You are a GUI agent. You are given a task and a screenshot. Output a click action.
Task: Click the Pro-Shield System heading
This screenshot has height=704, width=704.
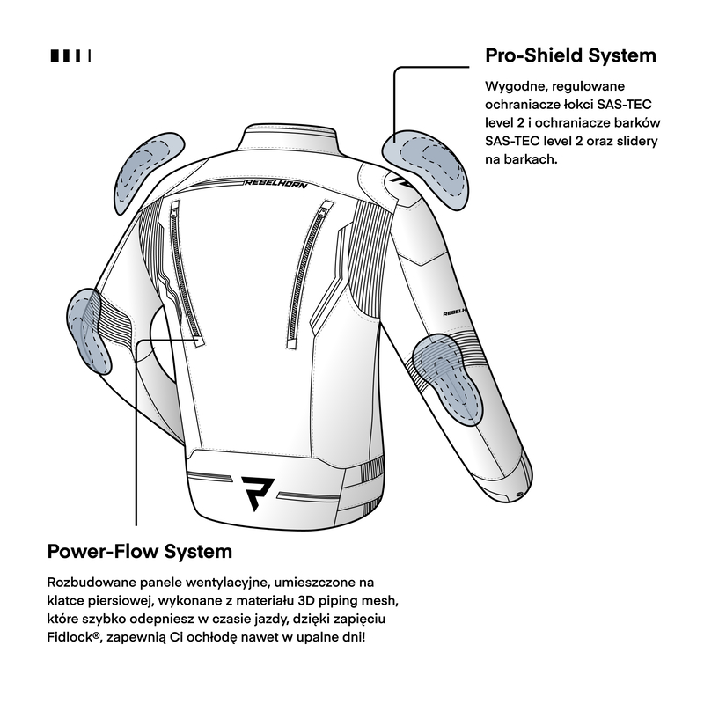click(x=570, y=55)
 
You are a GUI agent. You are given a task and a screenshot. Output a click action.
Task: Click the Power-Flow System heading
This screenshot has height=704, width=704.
click(x=140, y=552)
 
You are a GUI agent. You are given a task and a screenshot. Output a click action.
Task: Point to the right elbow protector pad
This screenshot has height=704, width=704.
click(x=448, y=369)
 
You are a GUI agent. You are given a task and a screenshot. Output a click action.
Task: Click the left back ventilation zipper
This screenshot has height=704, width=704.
click(x=187, y=273)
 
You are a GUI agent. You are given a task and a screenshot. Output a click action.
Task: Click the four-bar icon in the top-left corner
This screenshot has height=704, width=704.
click(x=71, y=55)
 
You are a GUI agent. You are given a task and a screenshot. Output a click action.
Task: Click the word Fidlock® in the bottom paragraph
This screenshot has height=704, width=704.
click(x=76, y=635)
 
